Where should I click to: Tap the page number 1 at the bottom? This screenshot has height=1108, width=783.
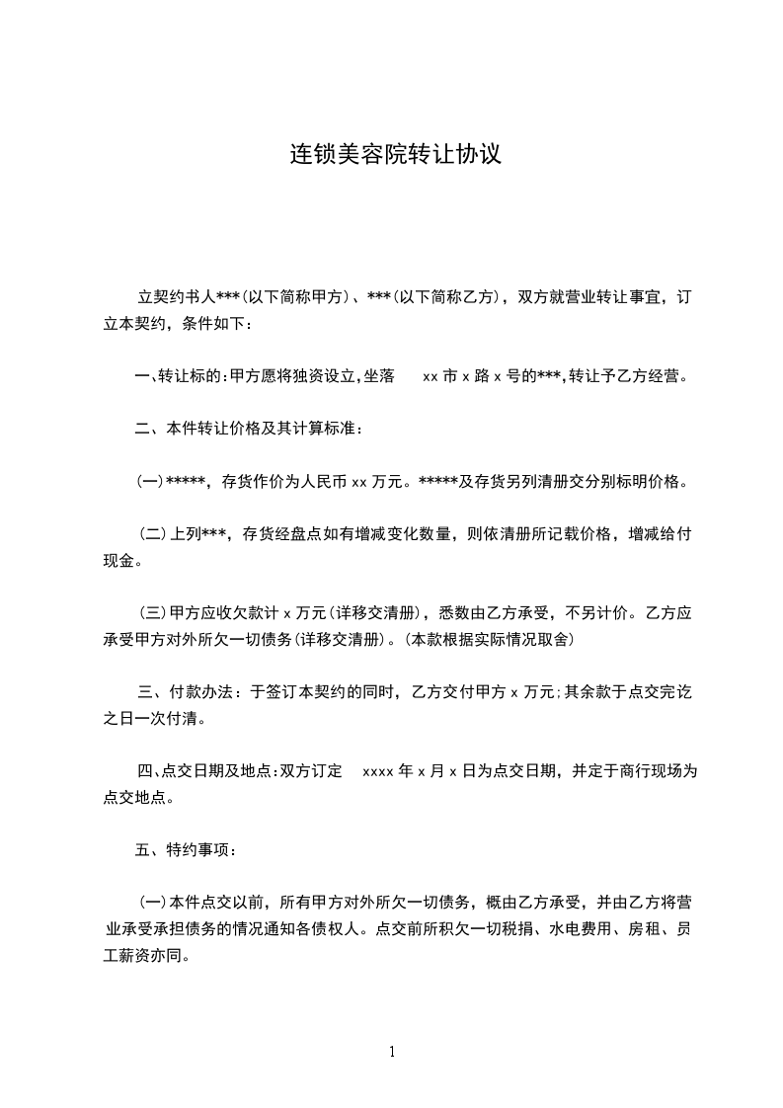(x=392, y=1052)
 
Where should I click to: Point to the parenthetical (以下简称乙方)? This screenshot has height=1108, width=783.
(x=435, y=297)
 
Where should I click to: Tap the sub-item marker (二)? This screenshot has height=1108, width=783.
(x=153, y=534)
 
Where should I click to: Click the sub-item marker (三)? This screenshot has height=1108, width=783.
(x=153, y=613)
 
